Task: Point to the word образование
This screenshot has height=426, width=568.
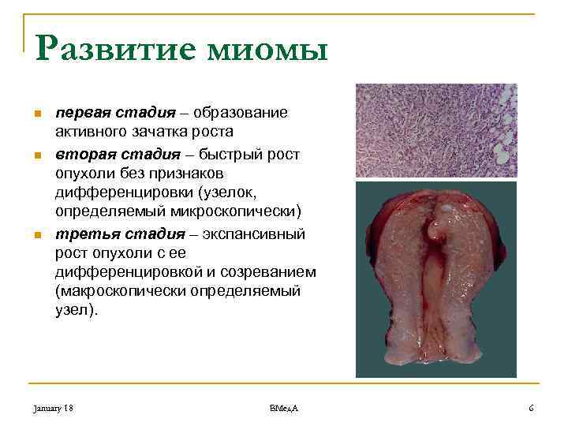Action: (x=248, y=113)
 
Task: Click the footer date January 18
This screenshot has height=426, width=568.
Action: (x=53, y=408)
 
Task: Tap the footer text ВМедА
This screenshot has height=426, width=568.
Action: (x=283, y=408)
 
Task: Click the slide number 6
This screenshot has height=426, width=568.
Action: (x=531, y=408)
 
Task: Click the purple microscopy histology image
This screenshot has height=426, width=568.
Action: (x=435, y=130)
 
